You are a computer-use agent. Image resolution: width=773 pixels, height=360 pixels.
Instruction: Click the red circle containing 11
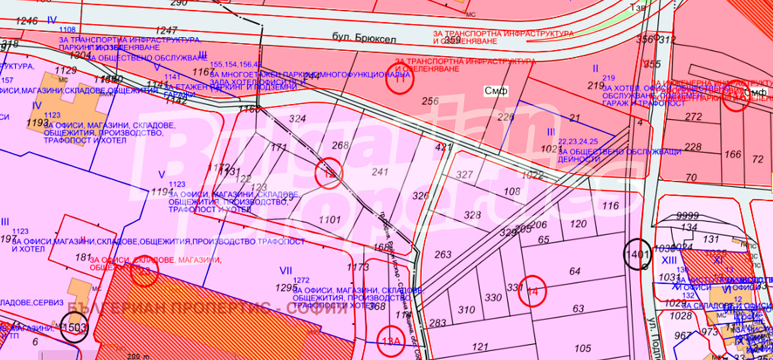400,79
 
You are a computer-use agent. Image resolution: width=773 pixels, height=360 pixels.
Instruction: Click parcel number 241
380,172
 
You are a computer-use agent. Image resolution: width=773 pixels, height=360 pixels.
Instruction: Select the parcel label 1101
330,220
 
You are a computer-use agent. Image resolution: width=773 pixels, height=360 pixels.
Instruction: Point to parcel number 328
472,215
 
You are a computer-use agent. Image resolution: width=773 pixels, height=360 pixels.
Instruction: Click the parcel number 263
443,254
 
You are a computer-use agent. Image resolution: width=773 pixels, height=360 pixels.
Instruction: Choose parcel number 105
582,349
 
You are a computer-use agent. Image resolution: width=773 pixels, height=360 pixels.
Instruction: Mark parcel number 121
479,347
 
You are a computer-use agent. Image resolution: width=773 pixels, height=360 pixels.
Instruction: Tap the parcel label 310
466,310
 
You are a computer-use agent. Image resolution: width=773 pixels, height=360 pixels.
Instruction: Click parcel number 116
610,206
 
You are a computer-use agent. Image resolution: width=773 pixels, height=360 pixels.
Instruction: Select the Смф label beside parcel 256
496,91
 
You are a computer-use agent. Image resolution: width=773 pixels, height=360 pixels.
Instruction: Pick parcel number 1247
166,30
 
